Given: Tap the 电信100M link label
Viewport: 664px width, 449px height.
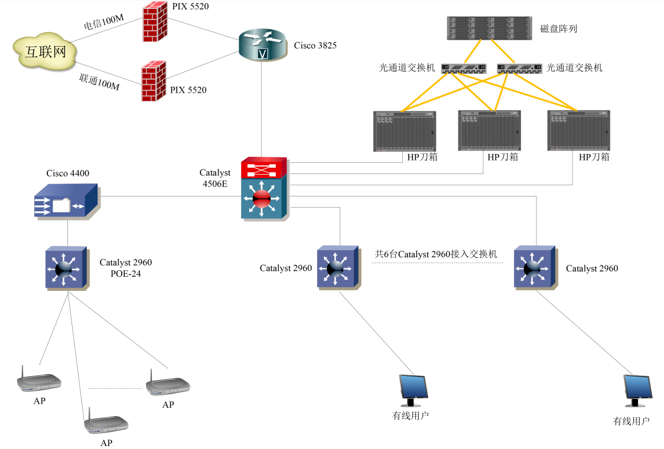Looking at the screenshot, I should tap(103, 22).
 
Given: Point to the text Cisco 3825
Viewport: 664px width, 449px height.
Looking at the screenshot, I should tap(315, 45).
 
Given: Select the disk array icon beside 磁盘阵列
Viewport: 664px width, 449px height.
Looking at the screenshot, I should tap(490, 28).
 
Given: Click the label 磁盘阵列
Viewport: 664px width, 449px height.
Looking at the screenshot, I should tap(558, 28).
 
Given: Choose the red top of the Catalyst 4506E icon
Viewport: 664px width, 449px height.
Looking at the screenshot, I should tap(263, 168).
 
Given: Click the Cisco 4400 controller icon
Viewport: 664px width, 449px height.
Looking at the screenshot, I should tap(66, 201).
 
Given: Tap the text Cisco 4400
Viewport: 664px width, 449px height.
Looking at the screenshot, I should tap(68, 173).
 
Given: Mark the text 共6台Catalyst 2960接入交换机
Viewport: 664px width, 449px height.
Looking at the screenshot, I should tap(436, 254).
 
